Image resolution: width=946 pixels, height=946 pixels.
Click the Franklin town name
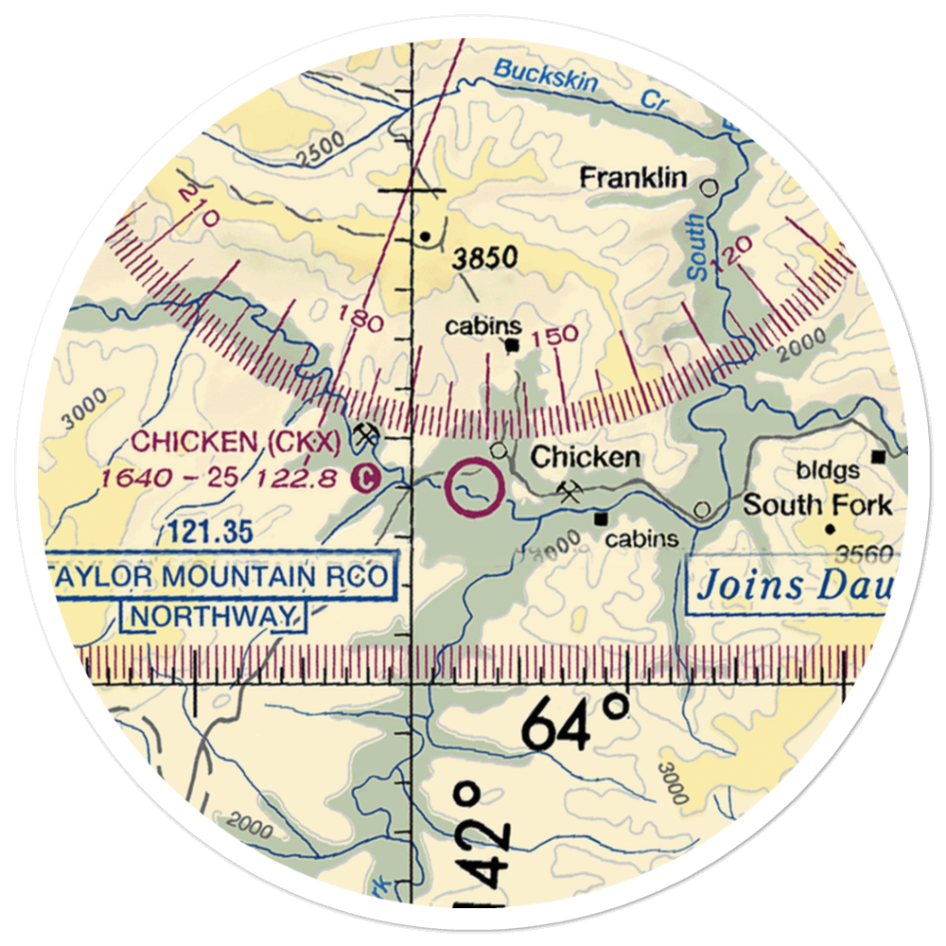pyautogui.click(x=633, y=177)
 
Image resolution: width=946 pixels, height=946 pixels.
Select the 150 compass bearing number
pyautogui.click(x=554, y=336)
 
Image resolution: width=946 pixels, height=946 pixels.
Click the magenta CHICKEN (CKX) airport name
pyautogui.click(x=236, y=441)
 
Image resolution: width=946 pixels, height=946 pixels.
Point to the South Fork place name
pyautogui.click(x=816, y=504)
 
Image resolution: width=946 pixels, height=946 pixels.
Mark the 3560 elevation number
pyautogui.click(x=856, y=553)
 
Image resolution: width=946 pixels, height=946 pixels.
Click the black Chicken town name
pyautogui.click(x=585, y=458)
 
